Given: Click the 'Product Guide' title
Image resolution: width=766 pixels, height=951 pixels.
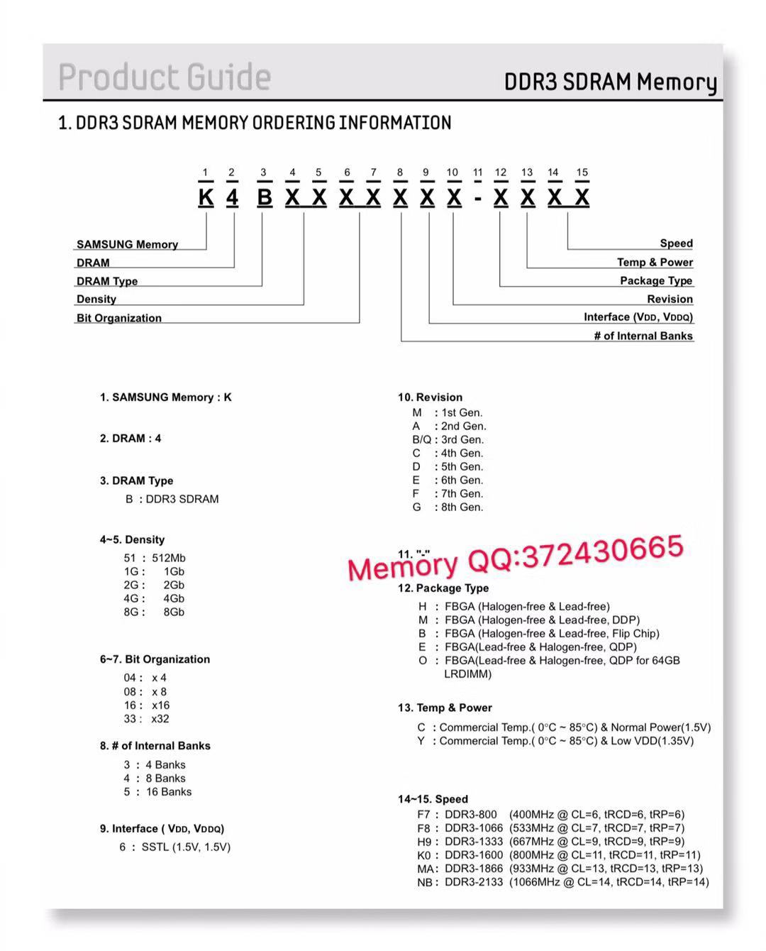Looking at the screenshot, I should (x=165, y=77).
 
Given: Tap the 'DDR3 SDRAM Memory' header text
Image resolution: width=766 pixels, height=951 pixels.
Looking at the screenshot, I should (x=610, y=82).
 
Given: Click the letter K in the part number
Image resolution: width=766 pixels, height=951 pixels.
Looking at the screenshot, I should (x=206, y=197).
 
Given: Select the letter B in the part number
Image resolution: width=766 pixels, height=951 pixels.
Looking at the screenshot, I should (x=264, y=197).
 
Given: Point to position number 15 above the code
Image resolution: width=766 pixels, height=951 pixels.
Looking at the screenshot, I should (x=582, y=172).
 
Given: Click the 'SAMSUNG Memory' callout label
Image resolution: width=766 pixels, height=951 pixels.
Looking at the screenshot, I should (x=128, y=244).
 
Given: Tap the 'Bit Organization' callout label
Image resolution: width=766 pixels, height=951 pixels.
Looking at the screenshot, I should (x=119, y=318).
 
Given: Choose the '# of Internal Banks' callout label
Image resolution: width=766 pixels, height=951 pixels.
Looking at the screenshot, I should (x=643, y=336).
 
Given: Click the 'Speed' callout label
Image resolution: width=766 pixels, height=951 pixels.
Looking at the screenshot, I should (x=676, y=243).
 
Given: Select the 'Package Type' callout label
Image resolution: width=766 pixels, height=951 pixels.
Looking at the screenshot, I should (x=656, y=280).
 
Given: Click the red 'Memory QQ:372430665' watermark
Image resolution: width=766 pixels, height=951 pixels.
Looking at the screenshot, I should (x=516, y=558).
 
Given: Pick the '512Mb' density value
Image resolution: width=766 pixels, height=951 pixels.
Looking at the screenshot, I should (x=169, y=558).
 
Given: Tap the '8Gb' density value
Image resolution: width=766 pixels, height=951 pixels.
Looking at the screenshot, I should (x=174, y=612).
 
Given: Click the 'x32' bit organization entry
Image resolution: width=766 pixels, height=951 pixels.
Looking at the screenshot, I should (x=160, y=719).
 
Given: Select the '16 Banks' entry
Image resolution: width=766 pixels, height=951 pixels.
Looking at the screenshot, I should (x=169, y=792).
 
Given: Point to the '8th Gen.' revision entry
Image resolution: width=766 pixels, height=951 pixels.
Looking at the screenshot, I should (x=462, y=507).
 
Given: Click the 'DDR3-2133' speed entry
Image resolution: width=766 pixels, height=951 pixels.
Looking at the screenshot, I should (x=474, y=882).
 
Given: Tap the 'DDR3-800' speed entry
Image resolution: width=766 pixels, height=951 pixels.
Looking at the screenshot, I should (x=471, y=815).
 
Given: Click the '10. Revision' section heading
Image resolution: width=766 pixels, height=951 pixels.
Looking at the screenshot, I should (x=430, y=397).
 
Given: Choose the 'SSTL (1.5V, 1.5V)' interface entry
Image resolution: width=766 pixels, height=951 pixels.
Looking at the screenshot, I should (x=186, y=847).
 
